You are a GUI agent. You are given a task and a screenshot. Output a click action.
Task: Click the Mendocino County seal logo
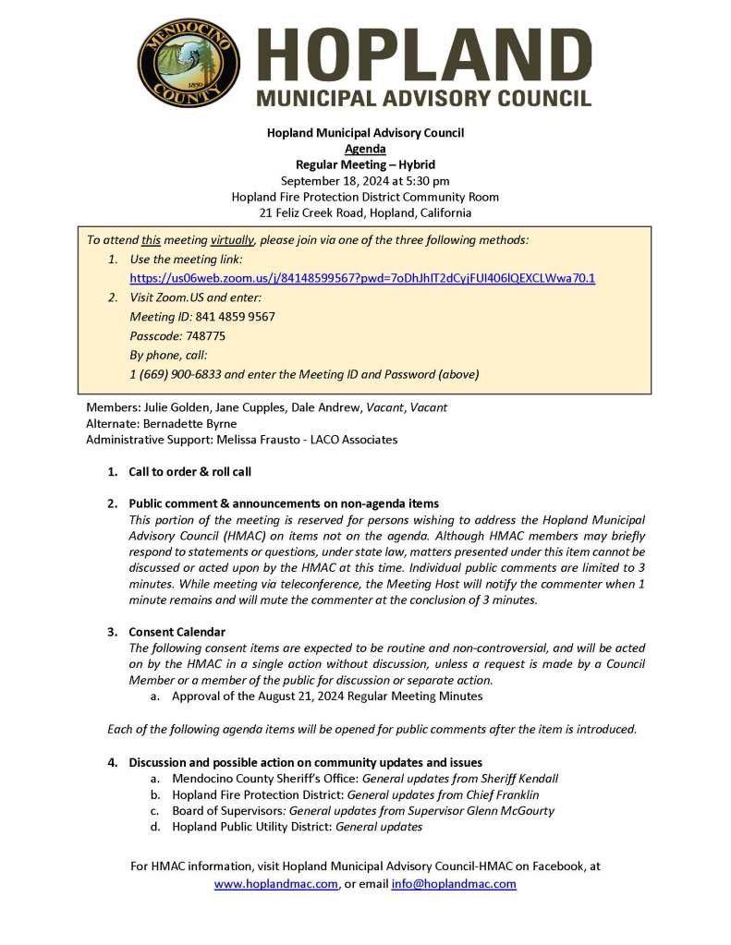[189, 64]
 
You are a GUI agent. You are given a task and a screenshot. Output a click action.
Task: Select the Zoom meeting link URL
[362, 278]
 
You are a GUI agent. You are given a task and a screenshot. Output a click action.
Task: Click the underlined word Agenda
[365, 149]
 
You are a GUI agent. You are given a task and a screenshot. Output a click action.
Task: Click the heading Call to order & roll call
[189, 472]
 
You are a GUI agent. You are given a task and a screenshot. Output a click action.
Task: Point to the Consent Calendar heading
[177, 632]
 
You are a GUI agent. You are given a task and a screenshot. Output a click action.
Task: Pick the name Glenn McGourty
[510, 811]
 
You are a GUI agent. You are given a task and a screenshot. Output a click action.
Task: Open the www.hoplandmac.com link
[275, 884]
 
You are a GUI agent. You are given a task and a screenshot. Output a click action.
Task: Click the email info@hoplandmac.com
[454, 884]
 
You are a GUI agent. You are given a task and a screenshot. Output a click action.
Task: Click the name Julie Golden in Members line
[176, 407]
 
